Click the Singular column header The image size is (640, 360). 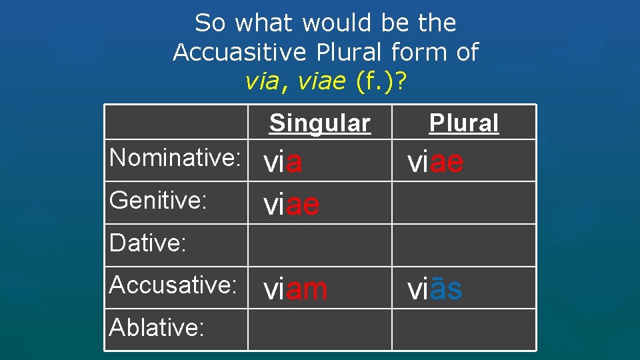[x=319, y=123]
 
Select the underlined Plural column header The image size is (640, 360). [x=463, y=123]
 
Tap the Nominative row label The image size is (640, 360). [x=175, y=158]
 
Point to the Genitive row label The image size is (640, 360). [x=158, y=200]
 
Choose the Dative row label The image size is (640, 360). [x=147, y=243]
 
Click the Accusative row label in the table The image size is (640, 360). [x=173, y=285]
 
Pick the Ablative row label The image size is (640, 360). [x=156, y=327]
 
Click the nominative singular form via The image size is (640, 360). [x=283, y=163]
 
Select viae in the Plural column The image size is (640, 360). [x=435, y=162]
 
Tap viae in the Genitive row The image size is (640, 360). [x=291, y=205]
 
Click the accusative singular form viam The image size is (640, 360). [x=295, y=289]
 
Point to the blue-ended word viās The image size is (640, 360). [x=435, y=289]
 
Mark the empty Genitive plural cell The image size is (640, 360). [x=463, y=203]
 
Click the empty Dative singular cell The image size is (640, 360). [x=319, y=245]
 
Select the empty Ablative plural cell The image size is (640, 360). [x=463, y=330]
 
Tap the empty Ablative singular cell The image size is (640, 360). [x=319, y=330]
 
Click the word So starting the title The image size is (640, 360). [x=211, y=23]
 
